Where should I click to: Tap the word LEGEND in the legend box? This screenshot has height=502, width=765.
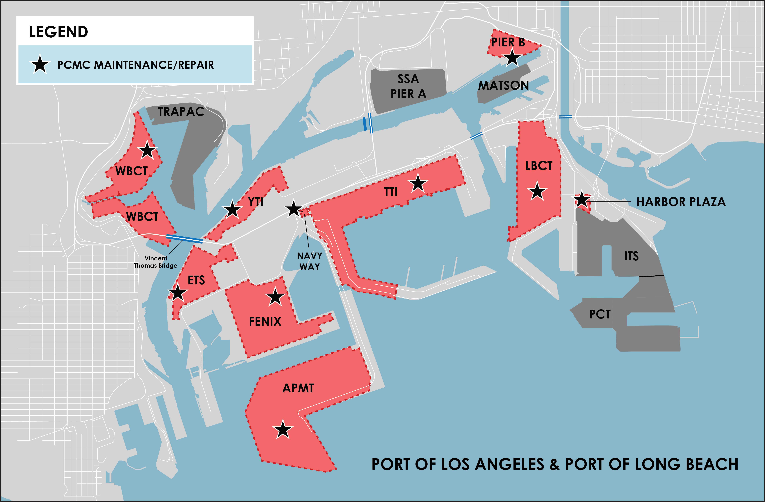point(58,32)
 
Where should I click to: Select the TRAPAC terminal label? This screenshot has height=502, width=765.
point(181,112)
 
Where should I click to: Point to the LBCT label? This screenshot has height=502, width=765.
point(539,166)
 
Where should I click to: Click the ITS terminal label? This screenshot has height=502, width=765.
point(631,256)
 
